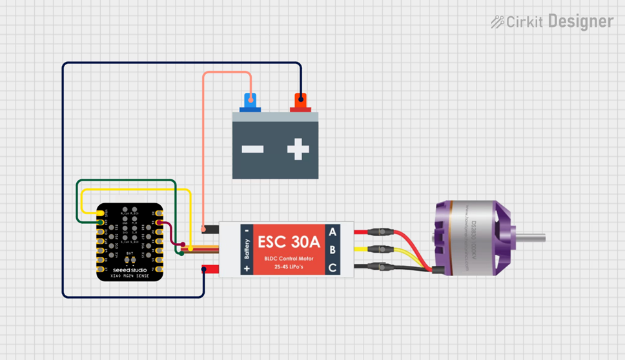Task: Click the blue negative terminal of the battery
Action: [250, 101]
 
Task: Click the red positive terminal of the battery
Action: [300, 101]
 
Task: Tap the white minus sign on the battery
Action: [252, 150]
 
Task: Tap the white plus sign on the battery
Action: [298, 150]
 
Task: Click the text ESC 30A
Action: [289, 243]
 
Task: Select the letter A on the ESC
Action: [333, 232]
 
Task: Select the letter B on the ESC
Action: [333, 250]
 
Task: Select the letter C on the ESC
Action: [333, 267]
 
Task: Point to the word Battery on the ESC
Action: [246, 249]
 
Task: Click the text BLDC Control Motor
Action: [289, 259]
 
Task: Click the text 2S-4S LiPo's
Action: [289, 266]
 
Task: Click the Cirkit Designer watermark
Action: [552, 22]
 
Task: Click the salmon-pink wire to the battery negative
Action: [204, 148]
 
